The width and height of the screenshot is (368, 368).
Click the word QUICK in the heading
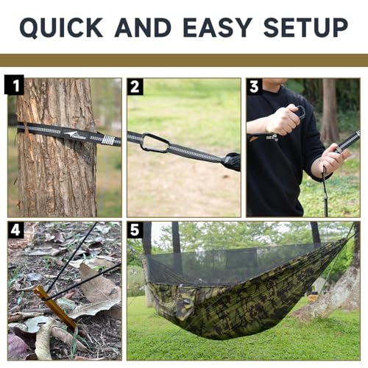(61, 27)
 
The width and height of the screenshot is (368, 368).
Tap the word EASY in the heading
(218, 27)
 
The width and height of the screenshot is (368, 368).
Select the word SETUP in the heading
(305, 27)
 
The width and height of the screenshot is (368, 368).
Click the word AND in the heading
(143, 27)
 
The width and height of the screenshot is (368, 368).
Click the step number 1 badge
(14, 85)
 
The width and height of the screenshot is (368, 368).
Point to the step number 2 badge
(135, 87)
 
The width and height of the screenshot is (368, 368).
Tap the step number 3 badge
(254, 87)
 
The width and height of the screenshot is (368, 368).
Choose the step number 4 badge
(15, 230)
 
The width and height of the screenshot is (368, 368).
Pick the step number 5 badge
(135, 230)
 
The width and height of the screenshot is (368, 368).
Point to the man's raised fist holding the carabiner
(284, 119)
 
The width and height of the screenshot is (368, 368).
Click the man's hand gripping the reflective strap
(334, 156)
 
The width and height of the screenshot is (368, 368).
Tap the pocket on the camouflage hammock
(185, 303)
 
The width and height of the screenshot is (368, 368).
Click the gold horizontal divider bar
(184, 60)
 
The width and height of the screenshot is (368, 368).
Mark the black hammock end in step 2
(233, 162)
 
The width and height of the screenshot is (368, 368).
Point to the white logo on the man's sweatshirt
(272, 138)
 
